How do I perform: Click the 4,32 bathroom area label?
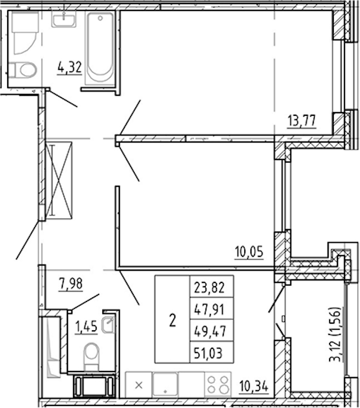70,67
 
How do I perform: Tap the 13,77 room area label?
302,121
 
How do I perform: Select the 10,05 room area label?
249,252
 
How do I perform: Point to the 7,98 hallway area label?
71,283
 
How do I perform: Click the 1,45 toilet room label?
86,326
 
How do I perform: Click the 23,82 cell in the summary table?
211,286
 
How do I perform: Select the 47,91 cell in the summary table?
211,308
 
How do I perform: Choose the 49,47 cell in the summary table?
211,330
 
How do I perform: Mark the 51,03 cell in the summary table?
211,352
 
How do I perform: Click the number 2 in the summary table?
172,320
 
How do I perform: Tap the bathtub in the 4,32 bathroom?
100,48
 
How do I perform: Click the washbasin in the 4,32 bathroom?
64,19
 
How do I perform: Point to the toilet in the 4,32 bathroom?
23,70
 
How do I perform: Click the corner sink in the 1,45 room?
108,324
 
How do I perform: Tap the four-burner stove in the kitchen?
218,385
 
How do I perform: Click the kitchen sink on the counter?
165,385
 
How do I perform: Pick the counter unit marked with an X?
139,385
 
